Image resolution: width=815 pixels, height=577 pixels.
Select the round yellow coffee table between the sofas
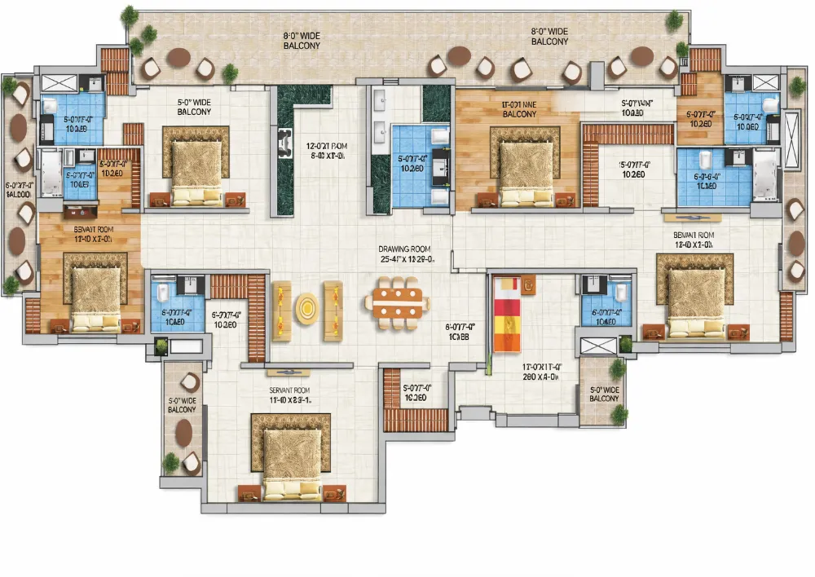(306, 309)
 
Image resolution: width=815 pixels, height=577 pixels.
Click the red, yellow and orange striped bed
(505, 314)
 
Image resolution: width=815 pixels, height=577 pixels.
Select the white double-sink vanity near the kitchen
(380, 115)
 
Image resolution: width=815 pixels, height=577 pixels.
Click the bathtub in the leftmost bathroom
(51, 173)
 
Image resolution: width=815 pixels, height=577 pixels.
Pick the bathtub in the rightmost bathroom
(765, 175)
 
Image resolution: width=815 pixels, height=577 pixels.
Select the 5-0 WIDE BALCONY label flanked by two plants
(603, 394)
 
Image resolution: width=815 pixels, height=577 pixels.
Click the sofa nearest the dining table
(333, 310)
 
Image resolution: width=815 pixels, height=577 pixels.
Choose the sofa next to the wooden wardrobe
(280, 310)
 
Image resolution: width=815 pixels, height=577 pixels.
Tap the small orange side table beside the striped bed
(530, 285)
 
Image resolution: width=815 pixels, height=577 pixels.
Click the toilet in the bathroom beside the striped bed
(621, 293)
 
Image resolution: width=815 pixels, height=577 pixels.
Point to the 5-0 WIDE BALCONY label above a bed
(194, 107)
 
